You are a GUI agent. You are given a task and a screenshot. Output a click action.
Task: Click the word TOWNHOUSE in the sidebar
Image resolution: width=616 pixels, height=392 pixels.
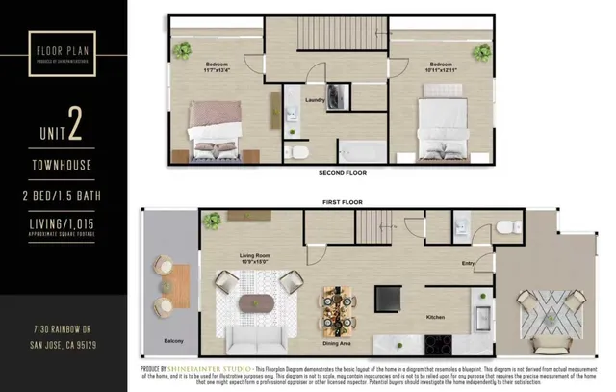[x=66, y=165]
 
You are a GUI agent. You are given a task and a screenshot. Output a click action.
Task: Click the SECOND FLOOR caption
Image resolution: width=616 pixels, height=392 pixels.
[x=342, y=173]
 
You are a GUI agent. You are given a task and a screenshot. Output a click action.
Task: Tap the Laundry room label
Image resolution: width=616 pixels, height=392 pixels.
[x=314, y=99]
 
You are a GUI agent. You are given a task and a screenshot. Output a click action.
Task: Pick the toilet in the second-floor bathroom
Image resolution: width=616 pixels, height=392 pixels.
[x=297, y=153]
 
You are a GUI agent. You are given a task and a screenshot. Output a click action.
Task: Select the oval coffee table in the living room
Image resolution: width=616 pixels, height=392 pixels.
[x=257, y=299]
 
